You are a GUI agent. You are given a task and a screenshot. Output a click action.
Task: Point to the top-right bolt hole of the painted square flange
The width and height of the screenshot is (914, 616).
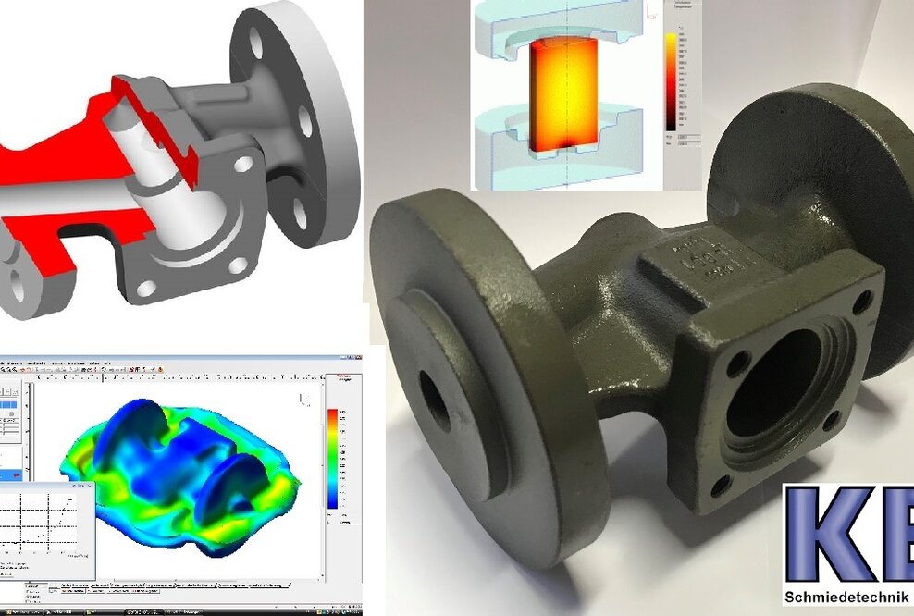coord(862,302)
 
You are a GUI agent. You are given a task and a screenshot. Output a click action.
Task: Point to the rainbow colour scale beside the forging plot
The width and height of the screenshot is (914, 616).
coord(332,459)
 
